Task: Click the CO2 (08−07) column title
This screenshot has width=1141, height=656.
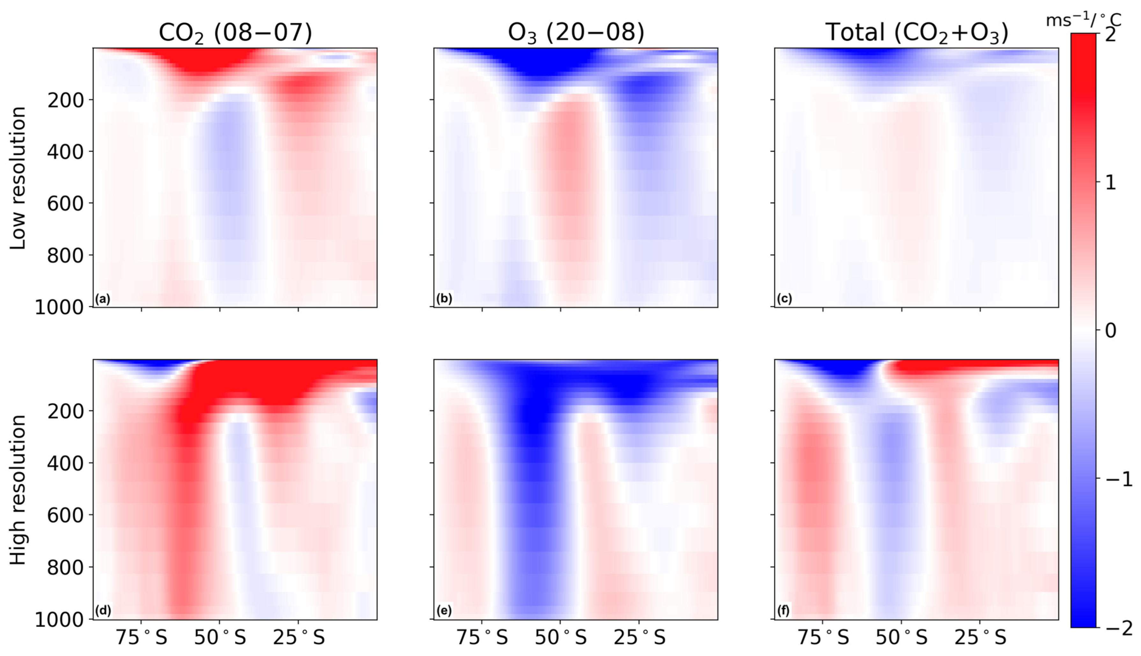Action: coord(235,33)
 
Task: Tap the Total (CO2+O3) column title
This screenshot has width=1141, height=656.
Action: coord(917,33)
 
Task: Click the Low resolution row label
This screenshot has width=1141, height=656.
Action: coord(18,178)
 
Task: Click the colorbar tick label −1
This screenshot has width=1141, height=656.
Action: coord(1119,479)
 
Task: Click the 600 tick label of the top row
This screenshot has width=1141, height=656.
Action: coord(66,204)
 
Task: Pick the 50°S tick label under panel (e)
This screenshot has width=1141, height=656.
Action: coord(560,638)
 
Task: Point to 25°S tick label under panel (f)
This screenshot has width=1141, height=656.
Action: coord(980,638)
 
